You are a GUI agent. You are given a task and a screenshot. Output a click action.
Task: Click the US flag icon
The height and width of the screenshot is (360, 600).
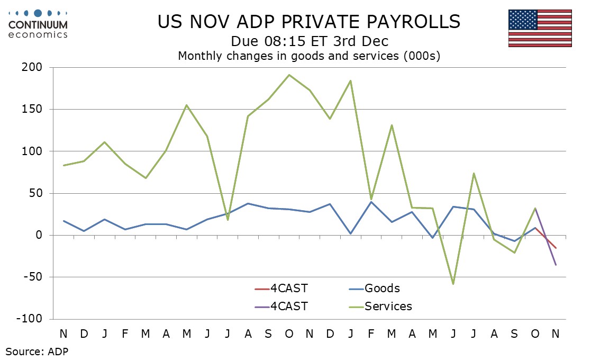tap(540, 28)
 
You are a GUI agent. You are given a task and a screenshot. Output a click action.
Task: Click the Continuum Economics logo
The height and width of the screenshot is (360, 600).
tap(38, 24)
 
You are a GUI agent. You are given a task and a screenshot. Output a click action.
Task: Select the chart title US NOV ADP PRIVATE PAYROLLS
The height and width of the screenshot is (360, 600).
tap(309, 22)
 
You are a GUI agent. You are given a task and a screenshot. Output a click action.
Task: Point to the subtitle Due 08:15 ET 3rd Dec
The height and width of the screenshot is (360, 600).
tap(309, 41)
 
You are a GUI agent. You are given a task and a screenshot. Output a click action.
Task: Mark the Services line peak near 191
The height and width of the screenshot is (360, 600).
tap(289, 75)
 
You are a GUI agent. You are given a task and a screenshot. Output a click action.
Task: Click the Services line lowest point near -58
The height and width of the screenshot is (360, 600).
tap(453, 284)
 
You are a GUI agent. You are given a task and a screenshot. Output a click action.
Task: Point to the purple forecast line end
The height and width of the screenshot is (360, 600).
tap(556, 265)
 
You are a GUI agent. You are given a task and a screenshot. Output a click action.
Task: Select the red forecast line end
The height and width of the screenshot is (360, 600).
tap(556, 248)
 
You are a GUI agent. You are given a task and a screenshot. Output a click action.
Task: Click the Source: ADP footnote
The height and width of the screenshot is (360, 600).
tap(37, 350)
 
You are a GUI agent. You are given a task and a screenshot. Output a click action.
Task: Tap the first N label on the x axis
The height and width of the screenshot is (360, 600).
tap(63, 334)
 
